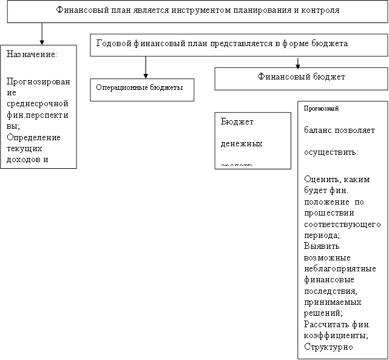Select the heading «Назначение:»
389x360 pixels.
(x=32, y=54)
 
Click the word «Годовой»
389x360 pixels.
(x=113, y=44)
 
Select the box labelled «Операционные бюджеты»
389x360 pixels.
(x=142, y=89)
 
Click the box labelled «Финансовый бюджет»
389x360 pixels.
(x=301, y=78)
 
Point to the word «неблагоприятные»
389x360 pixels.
(x=339, y=268)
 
